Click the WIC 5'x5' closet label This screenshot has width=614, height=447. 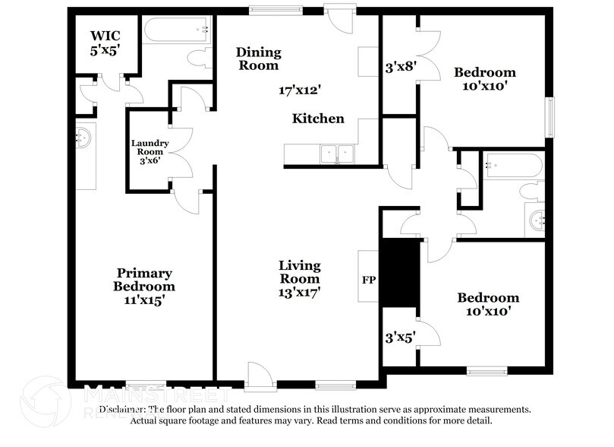[x=105, y=43]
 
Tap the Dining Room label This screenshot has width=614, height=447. [x=258, y=59]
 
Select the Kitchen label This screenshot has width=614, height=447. [x=319, y=119]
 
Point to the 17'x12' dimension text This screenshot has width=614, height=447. [x=299, y=90]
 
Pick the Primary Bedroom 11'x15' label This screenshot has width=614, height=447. [x=144, y=287]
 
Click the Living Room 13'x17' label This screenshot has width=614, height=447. [x=299, y=280]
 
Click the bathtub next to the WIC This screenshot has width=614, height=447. [x=179, y=31]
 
